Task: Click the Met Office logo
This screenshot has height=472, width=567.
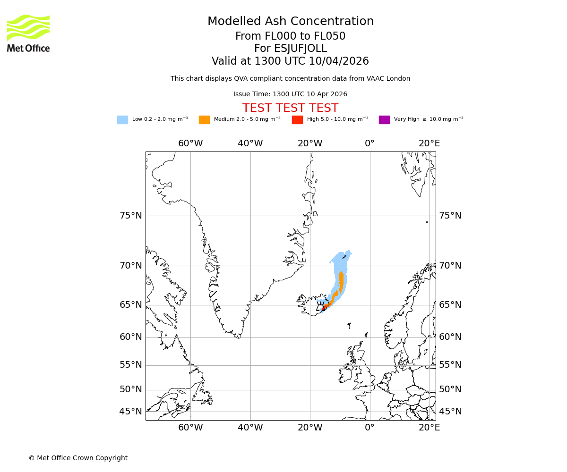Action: [x=28, y=33]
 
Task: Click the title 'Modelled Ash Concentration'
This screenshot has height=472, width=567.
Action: [x=291, y=22]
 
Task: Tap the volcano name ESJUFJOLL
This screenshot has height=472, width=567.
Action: [x=291, y=49]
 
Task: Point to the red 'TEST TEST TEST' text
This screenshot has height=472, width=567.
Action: [x=291, y=109]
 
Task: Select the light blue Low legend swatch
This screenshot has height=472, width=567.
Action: [x=122, y=120]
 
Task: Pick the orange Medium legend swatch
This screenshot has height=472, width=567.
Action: [x=204, y=120]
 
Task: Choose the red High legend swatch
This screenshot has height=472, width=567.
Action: [x=297, y=120]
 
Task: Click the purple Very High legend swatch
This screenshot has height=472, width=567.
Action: [x=384, y=120]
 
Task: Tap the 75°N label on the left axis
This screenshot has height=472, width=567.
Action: [x=130, y=216]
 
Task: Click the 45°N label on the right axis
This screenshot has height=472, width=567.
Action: [x=450, y=412]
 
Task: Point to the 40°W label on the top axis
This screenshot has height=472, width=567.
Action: [x=250, y=143]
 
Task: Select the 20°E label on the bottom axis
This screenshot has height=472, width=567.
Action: [x=429, y=428]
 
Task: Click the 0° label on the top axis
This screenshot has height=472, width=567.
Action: [x=369, y=143]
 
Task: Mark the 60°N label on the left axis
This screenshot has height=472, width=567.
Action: [x=130, y=337]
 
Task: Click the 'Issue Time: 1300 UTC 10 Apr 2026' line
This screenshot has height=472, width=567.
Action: [x=291, y=94]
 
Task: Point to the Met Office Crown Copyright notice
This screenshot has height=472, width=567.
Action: [x=78, y=458]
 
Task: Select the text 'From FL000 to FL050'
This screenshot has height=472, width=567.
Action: [x=291, y=36]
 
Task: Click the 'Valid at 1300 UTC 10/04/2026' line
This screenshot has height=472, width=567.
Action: [x=291, y=61]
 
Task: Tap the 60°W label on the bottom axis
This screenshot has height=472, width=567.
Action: [x=190, y=428]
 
